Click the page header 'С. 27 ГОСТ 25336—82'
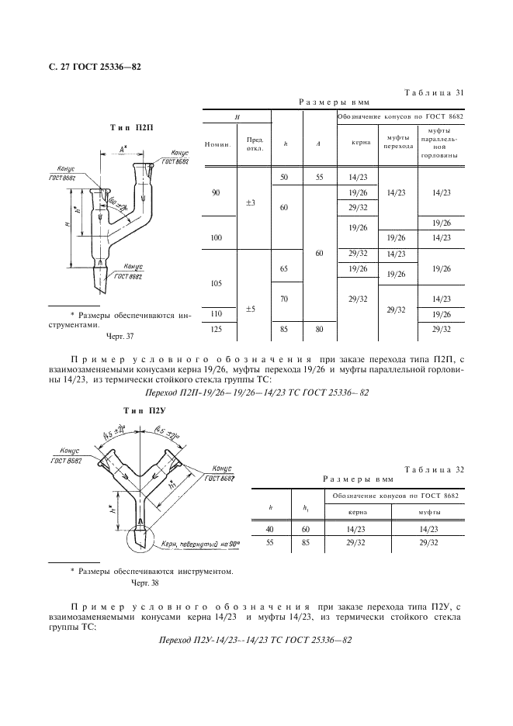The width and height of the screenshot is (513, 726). tap(95, 67)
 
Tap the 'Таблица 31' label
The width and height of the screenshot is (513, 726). tap(434, 92)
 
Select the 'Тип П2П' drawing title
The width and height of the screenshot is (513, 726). tap(131, 128)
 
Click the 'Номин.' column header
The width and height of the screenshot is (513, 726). tap(217, 144)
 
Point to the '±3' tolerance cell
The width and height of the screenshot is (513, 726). tap(251, 202)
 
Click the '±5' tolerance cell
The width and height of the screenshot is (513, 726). tap(251, 309)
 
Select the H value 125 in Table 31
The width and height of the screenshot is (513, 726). tap(217, 329)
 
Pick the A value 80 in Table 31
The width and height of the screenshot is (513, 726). tap(319, 329)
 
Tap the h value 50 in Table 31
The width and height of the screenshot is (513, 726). tap(284, 177)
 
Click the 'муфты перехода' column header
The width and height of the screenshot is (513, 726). tap(398, 142)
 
